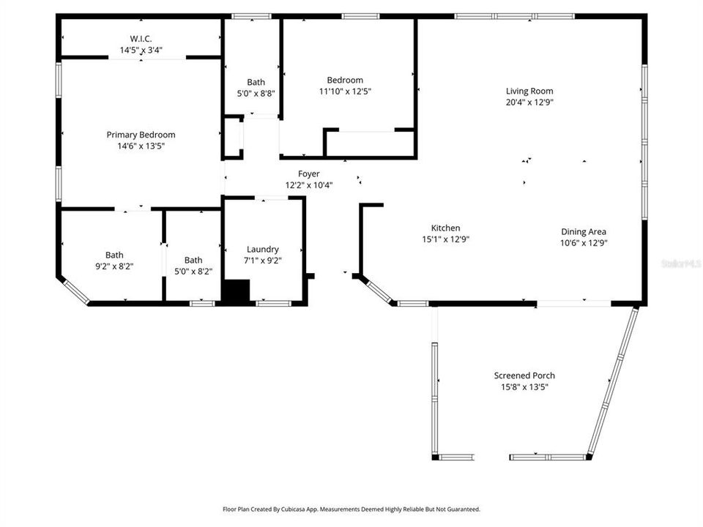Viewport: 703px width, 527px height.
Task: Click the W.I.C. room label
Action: point(141,39)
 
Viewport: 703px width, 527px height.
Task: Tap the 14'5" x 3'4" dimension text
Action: point(141,51)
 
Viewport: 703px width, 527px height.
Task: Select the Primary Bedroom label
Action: point(141,135)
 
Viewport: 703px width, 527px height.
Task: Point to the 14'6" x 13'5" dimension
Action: point(141,146)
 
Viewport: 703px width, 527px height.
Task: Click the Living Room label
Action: point(529,91)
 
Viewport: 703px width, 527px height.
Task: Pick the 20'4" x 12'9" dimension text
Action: point(529,102)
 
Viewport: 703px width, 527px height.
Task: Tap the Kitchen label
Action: point(445,228)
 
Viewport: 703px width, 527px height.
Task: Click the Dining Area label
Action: point(584,232)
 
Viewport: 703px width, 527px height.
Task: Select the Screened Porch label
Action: point(524,375)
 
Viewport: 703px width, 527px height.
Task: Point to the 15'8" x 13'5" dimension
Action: point(524,387)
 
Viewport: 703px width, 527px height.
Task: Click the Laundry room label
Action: point(263,250)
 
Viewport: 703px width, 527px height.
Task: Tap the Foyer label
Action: point(308,174)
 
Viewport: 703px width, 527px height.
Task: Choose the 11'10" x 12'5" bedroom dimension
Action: point(344,91)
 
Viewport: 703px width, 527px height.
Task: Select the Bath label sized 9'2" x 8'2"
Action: point(114,255)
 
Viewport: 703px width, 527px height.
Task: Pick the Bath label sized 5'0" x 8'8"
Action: point(256,83)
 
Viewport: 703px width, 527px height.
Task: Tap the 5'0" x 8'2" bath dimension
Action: point(193,272)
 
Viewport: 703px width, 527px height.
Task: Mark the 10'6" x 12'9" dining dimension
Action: point(584,243)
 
